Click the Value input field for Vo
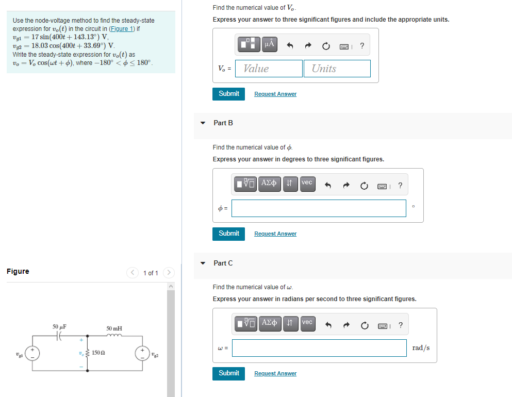(x=269, y=69)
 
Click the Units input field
(x=337, y=69)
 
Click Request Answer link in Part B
(x=275, y=234)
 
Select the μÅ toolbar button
(x=269, y=45)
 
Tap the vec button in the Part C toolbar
(x=307, y=323)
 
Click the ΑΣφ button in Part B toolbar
(x=269, y=183)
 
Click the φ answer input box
(x=319, y=208)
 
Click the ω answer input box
(x=319, y=348)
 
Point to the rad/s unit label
(x=421, y=348)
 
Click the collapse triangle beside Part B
(x=203, y=123)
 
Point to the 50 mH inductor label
(x=114, y=328)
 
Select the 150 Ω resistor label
(x=99, y=353)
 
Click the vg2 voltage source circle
(x=142, y=353)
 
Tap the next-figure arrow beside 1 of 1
(x=169, y=272)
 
